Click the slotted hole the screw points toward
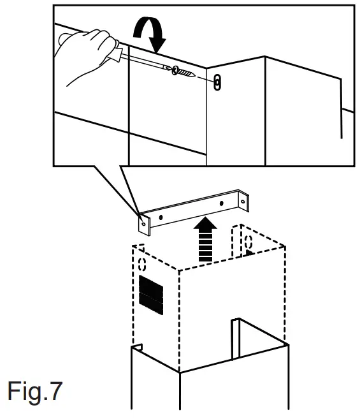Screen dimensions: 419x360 point(218,82)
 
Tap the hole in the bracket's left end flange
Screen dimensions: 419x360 point(144,223)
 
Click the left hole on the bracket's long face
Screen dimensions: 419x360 point(162,217)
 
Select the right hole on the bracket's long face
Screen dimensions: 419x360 point(221,203)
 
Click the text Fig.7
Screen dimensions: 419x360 point(34,391)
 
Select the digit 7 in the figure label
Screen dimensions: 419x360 point(56,391)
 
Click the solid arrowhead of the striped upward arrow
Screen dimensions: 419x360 point(205,224)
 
